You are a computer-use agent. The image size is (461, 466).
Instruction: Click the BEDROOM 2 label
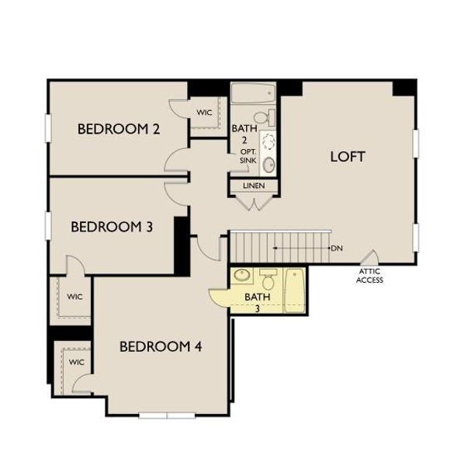coord(119,129)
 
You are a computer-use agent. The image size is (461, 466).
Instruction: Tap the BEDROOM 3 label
coord(111,227)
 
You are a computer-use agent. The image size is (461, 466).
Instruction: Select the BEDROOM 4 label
coord(161,346)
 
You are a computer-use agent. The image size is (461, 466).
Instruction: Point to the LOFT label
coord(348,156)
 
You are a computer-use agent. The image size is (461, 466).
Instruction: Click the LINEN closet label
coord(254,186)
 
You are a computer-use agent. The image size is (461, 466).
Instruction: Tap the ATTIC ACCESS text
coord(369,276)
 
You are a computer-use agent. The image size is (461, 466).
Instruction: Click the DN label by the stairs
coord(337,249)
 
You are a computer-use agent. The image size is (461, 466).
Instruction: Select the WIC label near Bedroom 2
coord(204,113)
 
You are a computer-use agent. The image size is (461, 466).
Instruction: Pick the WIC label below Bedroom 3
coord(75,297)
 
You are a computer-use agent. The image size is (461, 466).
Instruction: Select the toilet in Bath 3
coord(268,277)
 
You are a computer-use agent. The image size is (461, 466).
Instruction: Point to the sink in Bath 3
coord(241,276)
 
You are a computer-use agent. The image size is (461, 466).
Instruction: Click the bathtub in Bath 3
coord(296,290)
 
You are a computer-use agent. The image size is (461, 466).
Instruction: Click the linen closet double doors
coord(254,203)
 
